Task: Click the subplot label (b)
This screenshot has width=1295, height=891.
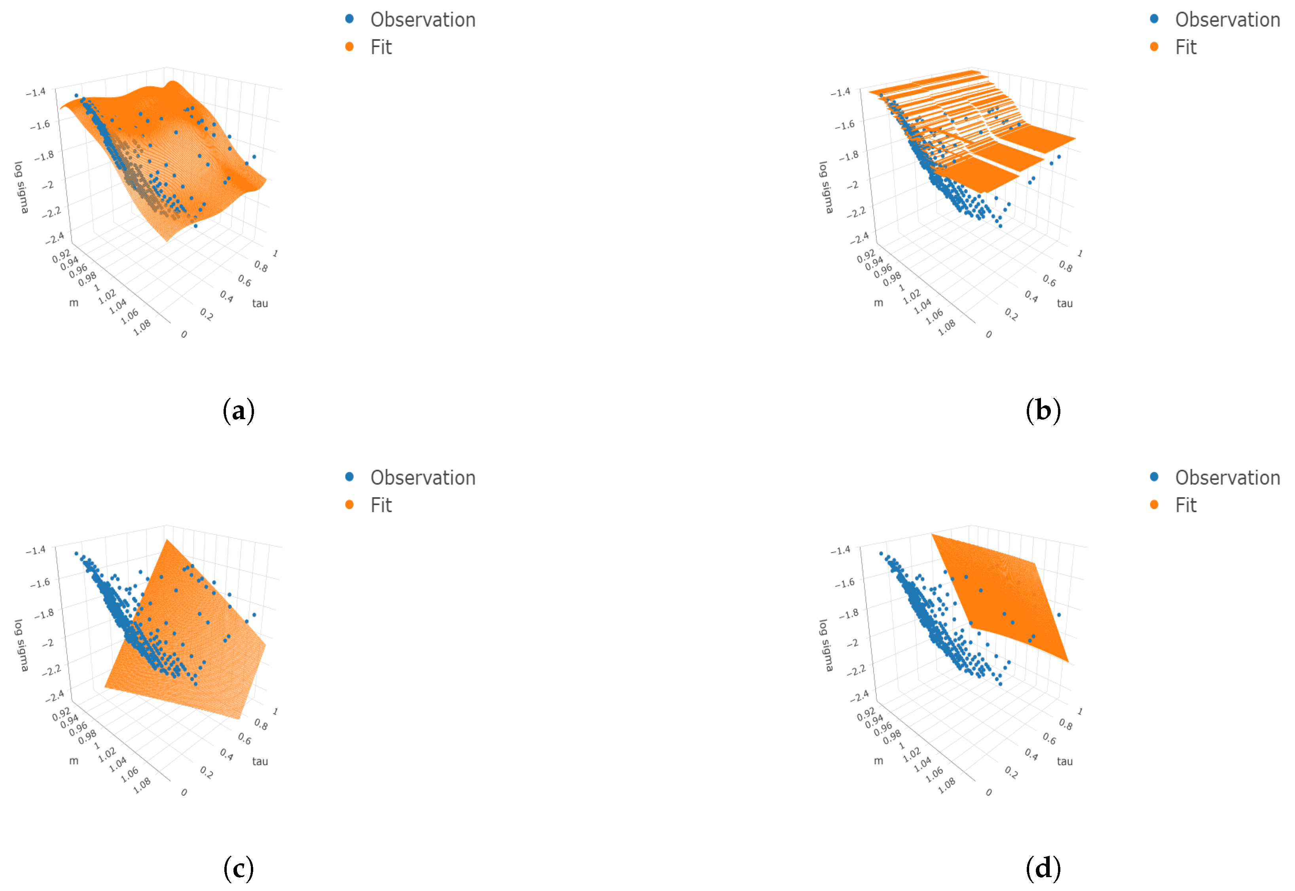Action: [x=1043, y=411]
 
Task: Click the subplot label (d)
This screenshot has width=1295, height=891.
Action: [x=1043, y=869]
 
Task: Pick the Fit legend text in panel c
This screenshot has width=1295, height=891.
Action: [x=381, y=505]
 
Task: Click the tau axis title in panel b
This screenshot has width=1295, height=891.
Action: [x=1065, y=303]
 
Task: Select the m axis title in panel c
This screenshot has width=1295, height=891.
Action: [x=74, y=761]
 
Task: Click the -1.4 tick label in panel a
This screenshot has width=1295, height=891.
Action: [x=36, y=92]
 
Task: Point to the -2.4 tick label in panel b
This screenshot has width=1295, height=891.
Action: [x=859, y=238]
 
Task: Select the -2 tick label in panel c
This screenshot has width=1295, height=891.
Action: [x=48, y=642]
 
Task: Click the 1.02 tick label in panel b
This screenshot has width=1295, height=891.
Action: [x=912, y=296]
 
